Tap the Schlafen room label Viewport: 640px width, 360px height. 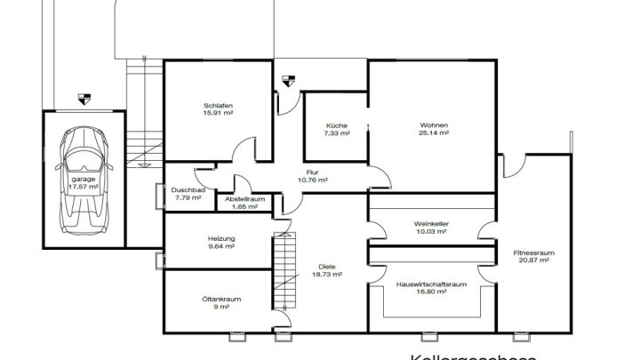(218, 106)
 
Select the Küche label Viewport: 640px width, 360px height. (337, 125)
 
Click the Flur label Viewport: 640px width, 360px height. (313, 173)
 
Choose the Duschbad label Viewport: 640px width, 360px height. (188, 190)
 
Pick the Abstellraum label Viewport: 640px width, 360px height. (242, 199)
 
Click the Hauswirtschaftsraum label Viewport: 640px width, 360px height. (431, 284)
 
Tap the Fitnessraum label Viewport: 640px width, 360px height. (534, 254)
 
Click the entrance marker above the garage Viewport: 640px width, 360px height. (84, 100)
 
